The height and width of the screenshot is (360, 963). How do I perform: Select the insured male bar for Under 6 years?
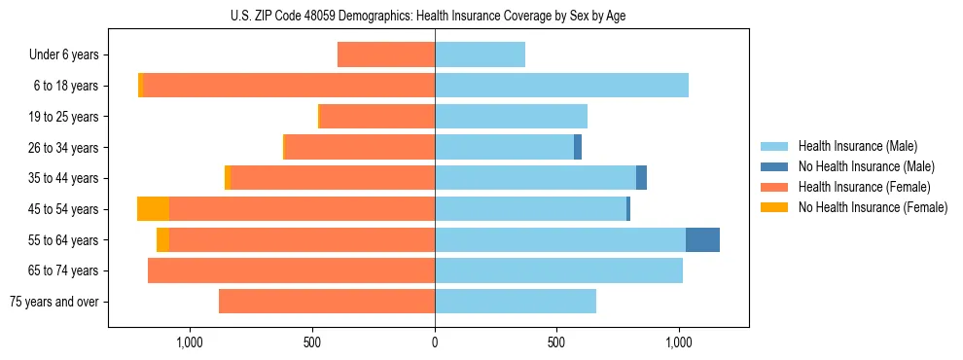tap(480, 54)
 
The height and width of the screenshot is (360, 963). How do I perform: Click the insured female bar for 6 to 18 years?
tap(289, 86)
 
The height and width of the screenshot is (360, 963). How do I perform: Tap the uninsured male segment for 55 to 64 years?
tap(702, 239)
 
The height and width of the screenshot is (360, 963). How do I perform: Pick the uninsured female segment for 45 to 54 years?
tap(153, 209)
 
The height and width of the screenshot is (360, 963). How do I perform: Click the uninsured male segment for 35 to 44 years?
tap(641, 178)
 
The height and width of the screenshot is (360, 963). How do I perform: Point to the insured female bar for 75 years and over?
tap(327, 302)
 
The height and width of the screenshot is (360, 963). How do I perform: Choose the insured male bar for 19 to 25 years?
tap(511, 117)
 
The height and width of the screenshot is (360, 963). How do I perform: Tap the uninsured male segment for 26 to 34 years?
tap(578, 147)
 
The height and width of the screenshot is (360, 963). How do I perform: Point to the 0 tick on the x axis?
tap(435, 342)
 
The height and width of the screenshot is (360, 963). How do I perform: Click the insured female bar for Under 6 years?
tap(386, 54)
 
